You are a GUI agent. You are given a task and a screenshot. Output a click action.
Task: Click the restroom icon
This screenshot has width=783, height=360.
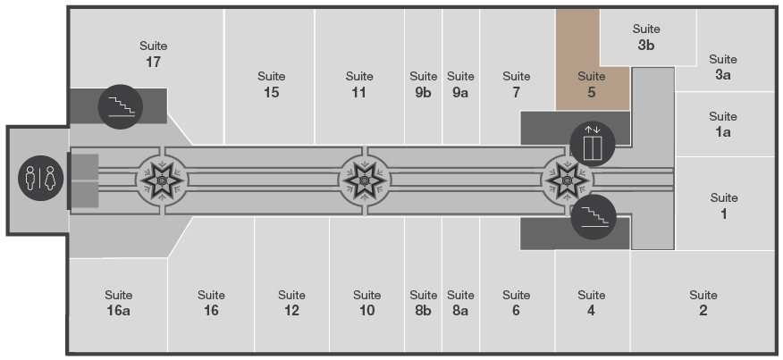pos(41,179)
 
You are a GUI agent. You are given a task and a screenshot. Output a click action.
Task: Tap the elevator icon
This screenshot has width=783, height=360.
pos(593,144)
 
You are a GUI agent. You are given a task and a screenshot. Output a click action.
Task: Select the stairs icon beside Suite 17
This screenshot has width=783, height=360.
pos(121,107)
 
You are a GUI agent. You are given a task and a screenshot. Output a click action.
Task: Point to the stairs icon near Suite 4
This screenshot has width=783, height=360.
pos(594,217)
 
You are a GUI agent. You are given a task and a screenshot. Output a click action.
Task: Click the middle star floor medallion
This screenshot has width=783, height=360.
pos(365,180)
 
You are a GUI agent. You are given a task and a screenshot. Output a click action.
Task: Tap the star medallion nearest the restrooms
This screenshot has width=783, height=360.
pos(162,180)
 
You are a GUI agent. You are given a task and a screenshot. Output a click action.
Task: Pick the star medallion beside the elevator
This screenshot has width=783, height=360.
pos(568,180)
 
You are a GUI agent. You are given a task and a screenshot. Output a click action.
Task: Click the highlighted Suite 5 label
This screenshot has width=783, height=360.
pos(591,84)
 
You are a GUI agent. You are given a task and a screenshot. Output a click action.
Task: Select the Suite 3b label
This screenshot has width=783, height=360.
pos(646,38)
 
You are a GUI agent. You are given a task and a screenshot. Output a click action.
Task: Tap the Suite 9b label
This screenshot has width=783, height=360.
pos(423,84)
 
